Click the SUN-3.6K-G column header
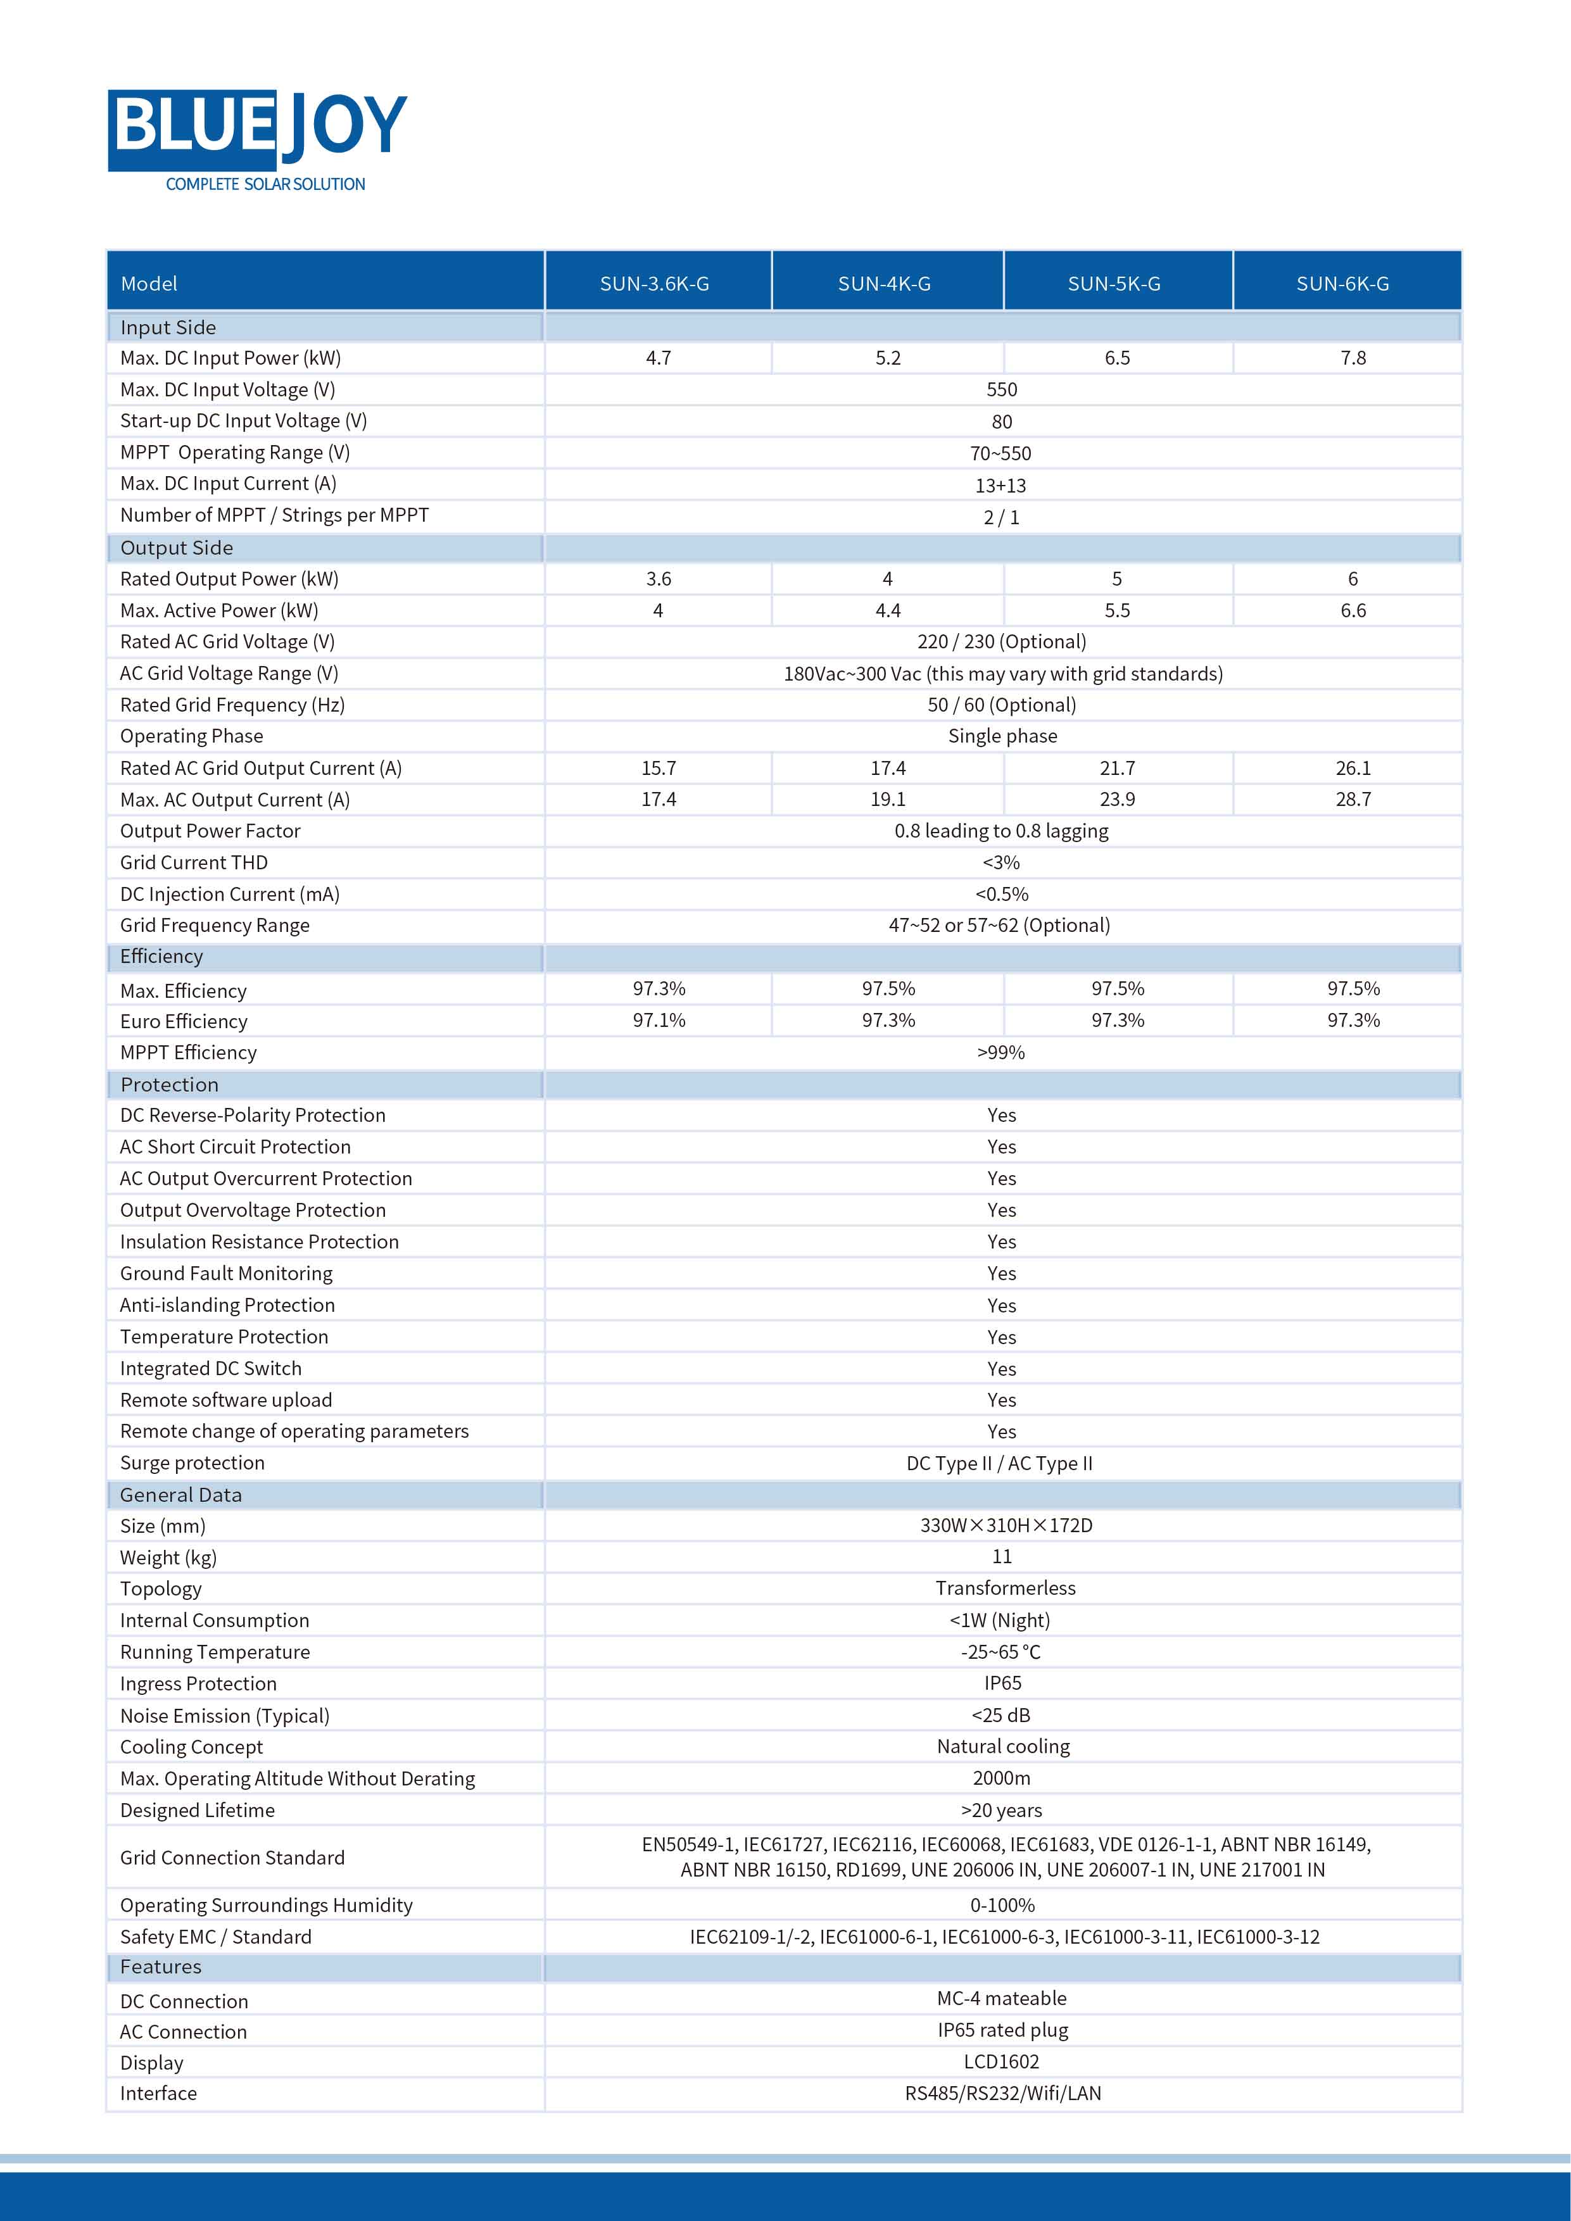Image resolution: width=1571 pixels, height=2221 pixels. pyautogui.click(x=654, y=284)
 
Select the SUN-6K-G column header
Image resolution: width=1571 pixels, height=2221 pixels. pyautogui.click(x=1342, y=284)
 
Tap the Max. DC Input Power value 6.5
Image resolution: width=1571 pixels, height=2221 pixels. pyautogui.click(x=1118, y=358)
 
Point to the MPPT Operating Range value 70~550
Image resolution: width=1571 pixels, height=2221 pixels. pyautogui.click(x=1001, y=453)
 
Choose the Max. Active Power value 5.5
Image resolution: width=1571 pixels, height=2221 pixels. pyautogui.click(x=1118, y=610)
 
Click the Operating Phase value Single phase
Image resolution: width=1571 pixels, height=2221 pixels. pyautogui.click(x=1002, y=736)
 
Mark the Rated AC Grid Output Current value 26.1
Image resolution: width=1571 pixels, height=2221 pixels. pyautogui.click(x=1353, y=768)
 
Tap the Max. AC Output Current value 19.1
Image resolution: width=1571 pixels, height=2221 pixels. pyautogui.click(x=887, y=799)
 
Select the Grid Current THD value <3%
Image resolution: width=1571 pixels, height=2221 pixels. pyautogui.click(x=1001, y=862)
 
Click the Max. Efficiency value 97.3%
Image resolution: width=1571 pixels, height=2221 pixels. pyautogui.click(x=659, y=988)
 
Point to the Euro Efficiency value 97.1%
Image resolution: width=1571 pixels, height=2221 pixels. pyautogui.click(x=659, y=1021)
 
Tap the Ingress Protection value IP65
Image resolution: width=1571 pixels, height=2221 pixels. pyautogui.click(x=1002, y=1683)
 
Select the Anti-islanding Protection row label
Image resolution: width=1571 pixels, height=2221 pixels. pyautogui.click(x=227, y=1305)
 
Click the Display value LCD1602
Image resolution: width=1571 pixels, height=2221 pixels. pyautogui.click(x=1001, y=2061)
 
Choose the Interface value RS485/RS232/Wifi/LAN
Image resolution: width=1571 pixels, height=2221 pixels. pyautogui.click(x=1002, y=2093)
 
